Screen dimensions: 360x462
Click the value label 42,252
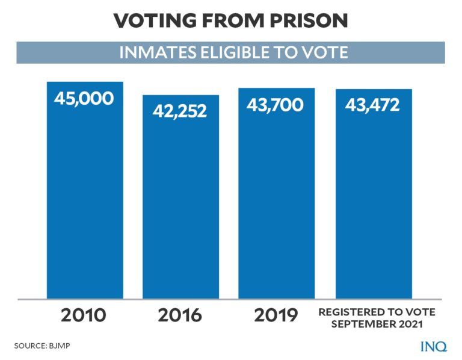click(179, 111)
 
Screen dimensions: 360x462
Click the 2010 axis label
click(84, 315)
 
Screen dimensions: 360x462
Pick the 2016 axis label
click(179, 315)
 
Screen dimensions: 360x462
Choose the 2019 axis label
click(276, 315)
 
